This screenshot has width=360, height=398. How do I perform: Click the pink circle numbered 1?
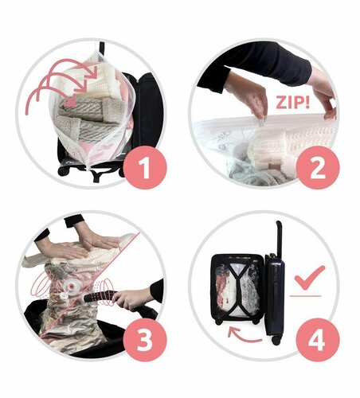145,167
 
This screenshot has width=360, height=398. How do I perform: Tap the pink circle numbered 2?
318,167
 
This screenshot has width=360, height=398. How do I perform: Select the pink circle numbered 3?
145,340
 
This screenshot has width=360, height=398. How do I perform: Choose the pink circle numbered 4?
318,340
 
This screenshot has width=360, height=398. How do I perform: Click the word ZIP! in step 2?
292,103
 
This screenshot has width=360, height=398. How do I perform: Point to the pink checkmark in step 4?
309,278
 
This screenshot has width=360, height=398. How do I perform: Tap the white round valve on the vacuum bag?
71,286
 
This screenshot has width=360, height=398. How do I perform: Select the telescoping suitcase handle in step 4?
279,237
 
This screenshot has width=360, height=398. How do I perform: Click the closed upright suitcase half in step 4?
275,295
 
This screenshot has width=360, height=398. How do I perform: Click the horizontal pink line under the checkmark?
305,295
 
